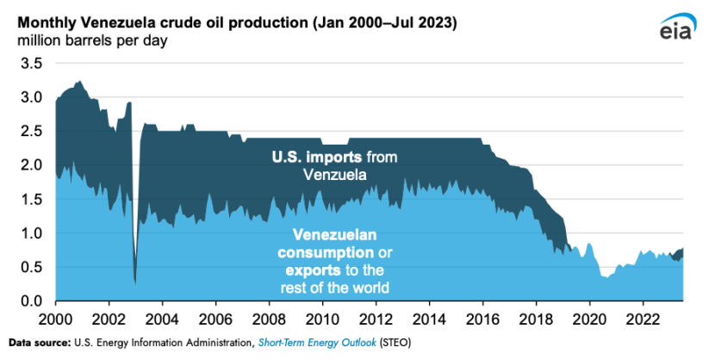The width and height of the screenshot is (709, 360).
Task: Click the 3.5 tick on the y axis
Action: pyautogui.click(x=31, y=64)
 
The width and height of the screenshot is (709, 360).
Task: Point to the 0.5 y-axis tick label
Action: pyautogui.click(x=31, y=267)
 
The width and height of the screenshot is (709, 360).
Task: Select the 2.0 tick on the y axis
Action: pyautogui.click(x=31, y=165)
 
